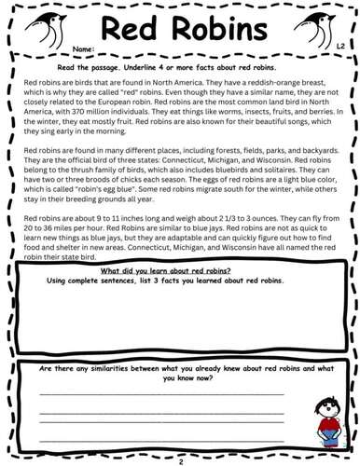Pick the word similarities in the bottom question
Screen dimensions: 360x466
120,370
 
